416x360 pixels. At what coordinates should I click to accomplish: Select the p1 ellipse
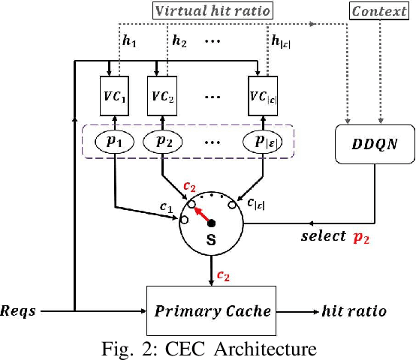[x=115, y=141]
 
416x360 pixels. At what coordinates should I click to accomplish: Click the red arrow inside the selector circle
[x=201, y=214]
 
